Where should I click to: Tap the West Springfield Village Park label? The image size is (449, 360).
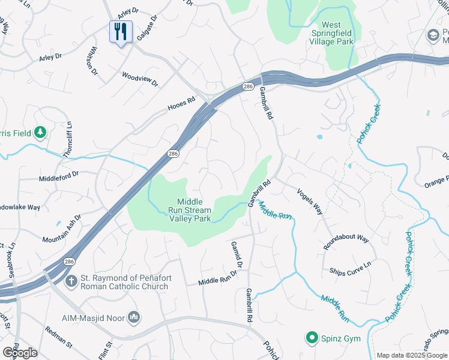click(x=331, y=34)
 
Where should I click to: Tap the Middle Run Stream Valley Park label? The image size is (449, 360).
click(x=193, y=211)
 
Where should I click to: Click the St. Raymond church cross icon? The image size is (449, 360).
click(x=71, y=280)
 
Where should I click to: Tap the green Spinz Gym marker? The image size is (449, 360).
click(x=312, y=338)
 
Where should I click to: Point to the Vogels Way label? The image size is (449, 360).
click(x=310, y=201)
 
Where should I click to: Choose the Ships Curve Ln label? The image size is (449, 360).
click(x=350, y=268)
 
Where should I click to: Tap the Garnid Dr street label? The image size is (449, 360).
click(x=237, y=255)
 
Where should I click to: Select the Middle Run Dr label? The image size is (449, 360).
click(x=218, y=277)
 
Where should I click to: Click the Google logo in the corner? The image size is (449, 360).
click(x=20, y=352)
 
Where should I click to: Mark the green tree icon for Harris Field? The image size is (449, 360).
click(x=40, y=132)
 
